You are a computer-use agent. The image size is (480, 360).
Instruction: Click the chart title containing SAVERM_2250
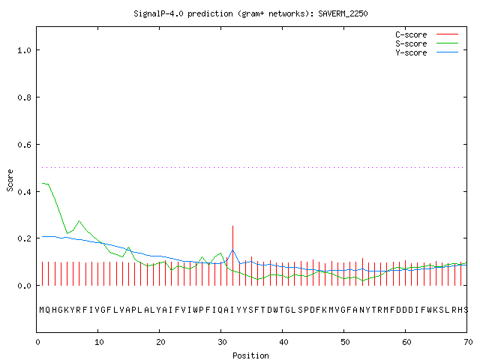click(250, 13)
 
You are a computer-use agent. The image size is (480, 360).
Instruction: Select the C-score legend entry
click(427, 34)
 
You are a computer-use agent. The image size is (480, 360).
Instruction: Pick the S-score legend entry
click(427, 43)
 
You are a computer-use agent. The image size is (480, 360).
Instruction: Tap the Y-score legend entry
click(427, 52)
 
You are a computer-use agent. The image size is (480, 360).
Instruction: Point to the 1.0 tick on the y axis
click(25, 50)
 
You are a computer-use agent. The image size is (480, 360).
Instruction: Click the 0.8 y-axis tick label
click(25, 97)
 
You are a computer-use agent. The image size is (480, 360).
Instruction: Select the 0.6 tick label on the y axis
click(25, 145)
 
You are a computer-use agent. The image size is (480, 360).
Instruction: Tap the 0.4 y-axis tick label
click(25, 192)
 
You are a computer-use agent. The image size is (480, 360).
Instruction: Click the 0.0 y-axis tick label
click(25, 286)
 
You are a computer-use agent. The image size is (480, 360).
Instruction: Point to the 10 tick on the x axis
click(99, 342)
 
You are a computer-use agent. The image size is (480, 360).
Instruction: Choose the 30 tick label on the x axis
click(222, 342)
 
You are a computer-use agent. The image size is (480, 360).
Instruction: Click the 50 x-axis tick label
click(345, 342)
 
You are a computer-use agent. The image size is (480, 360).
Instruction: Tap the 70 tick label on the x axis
click(468, 342)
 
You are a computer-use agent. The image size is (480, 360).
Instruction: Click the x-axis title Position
click(250, 355)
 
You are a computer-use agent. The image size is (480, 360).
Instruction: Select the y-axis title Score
click(10, 180)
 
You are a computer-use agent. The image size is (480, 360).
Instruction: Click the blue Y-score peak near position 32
click(233, 250)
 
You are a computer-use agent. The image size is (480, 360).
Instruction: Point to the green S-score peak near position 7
click(79, 220)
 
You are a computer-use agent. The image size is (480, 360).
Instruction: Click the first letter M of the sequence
click(42, 310)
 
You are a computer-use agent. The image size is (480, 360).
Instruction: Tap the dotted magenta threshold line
click(253, 167)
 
